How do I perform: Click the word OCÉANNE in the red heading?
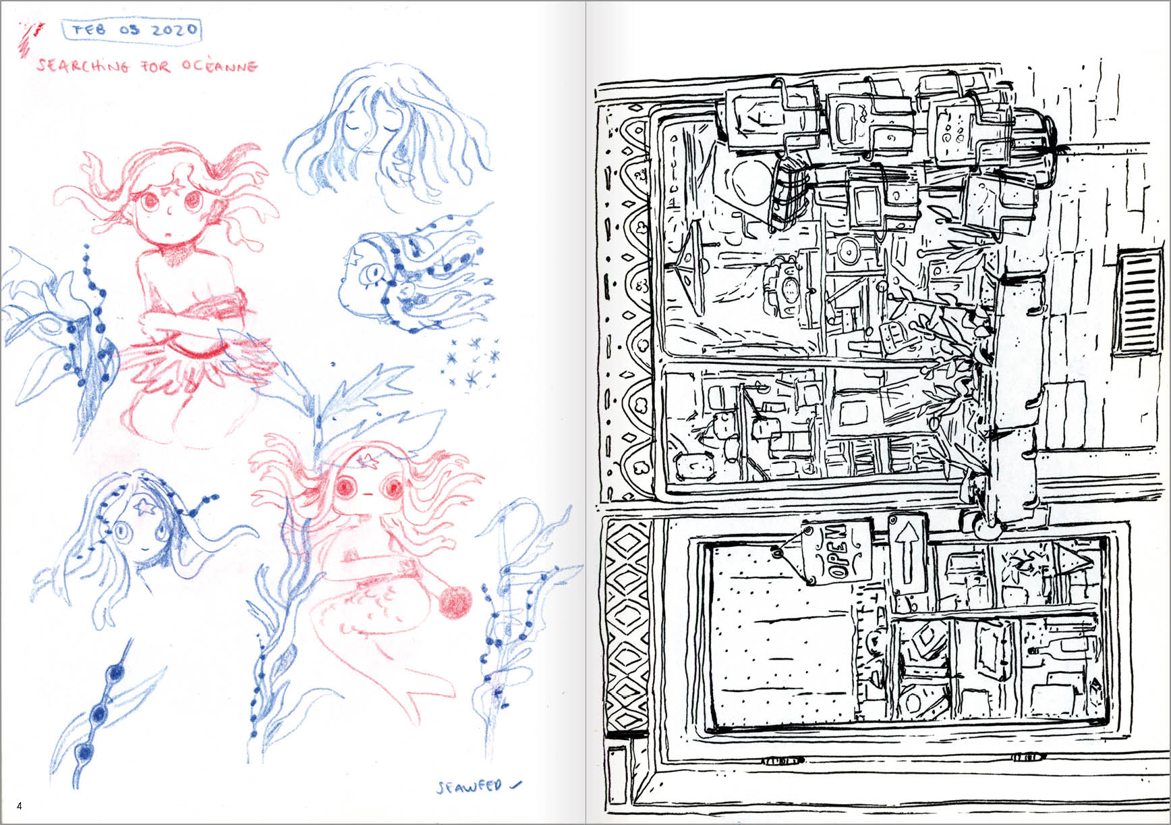pyautogui.click(x=220, y=67)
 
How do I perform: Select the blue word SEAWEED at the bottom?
pyautogui.click(x=470, y=787)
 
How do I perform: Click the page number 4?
pyautogui.click(x=20, y=806)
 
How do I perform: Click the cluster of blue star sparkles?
pyautogui.click(x=475, y=363)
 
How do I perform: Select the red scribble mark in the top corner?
pyautogui.click(x=30, y=39)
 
